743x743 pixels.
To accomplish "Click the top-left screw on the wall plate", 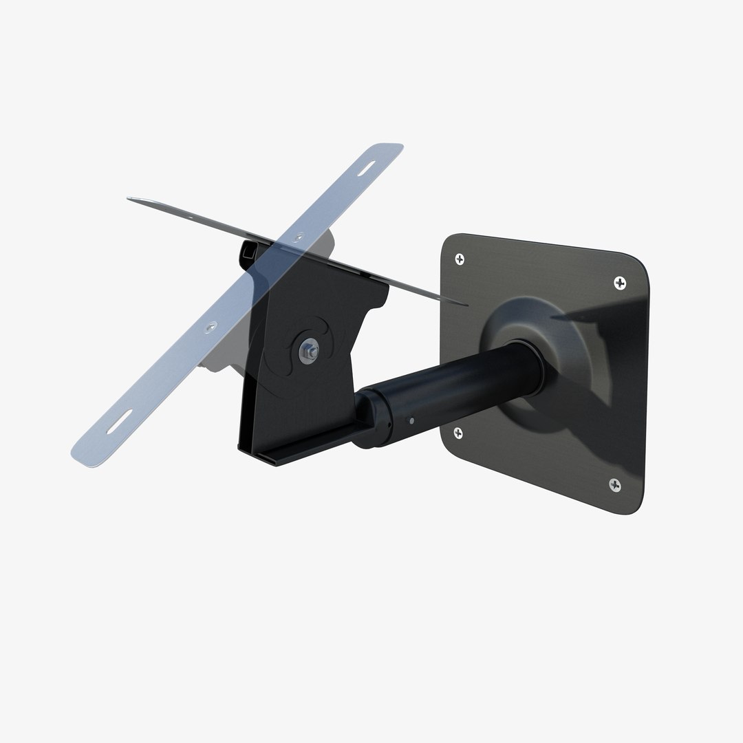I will (460, 259).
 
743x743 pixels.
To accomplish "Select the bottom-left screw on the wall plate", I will (457, 433).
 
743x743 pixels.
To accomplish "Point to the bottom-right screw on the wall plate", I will (615, 485).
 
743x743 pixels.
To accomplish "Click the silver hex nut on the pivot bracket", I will (306, 352).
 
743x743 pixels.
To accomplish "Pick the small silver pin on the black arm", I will (411, 420).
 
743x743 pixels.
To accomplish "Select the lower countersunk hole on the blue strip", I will (212, 325).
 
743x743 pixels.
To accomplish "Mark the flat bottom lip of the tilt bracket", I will (275, 458).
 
